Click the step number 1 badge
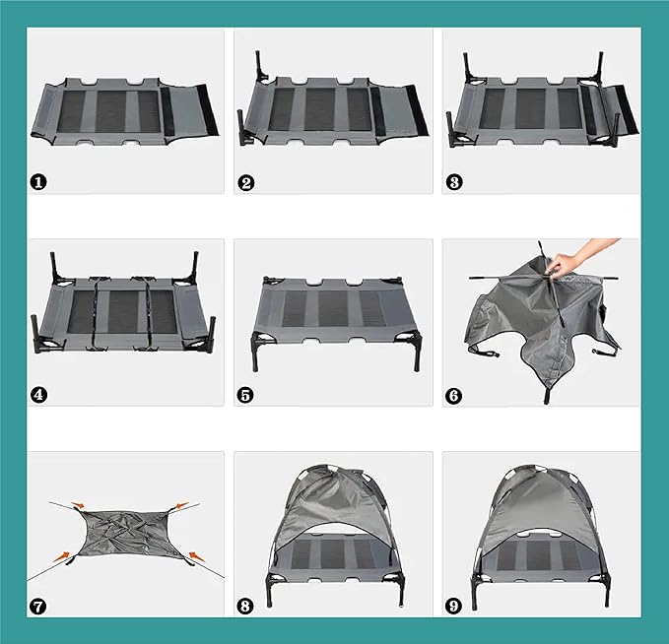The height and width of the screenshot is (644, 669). pos(38,181)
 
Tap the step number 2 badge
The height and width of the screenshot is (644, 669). pos(246,181)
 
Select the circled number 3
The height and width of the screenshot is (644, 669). pos(454,181)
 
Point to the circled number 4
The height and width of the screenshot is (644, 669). pos(38,394)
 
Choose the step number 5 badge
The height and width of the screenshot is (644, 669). pos(246,394)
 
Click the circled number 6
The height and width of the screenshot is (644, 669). pos(454,394)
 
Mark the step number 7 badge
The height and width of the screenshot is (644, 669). pos(38,606)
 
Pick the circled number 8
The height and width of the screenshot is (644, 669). pos(246,606)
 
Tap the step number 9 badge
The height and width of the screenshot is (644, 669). pos(454,606)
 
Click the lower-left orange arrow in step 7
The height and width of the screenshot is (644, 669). pos(66,557)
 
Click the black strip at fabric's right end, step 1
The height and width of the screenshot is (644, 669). pos(206,110)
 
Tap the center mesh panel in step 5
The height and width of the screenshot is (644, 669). pos(332,308)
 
